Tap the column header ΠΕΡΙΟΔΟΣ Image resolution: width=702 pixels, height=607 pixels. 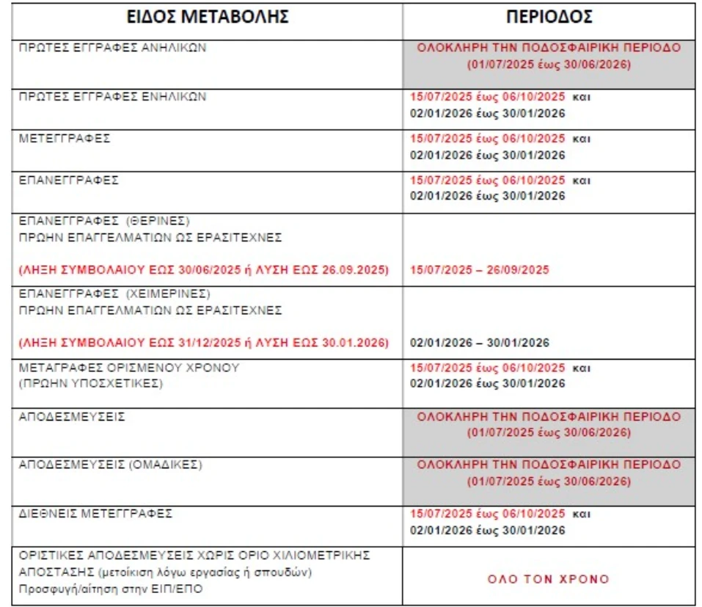(549, 17)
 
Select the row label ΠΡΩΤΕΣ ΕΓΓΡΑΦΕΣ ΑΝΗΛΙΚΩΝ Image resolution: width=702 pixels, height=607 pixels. (114, 48)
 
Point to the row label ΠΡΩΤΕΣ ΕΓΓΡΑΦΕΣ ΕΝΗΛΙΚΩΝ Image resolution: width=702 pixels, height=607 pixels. (113, 97)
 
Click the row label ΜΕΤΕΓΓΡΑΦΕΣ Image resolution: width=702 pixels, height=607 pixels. (65, 139)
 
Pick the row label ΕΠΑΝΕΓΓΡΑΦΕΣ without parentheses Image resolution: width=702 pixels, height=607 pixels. (68, 181)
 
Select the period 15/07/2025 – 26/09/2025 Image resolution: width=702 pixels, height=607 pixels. (479, 270)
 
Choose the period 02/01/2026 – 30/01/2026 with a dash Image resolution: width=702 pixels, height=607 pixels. (479, 343)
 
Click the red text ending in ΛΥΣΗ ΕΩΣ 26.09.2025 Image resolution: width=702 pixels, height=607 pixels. (205, 270)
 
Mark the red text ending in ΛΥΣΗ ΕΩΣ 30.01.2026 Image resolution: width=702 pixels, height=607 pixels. (205, 343)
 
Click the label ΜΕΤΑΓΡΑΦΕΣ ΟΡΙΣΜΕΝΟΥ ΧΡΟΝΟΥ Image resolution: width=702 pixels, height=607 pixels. (129, 367)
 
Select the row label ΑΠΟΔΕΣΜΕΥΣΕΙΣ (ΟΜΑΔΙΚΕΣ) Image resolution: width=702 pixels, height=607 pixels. (110, 465)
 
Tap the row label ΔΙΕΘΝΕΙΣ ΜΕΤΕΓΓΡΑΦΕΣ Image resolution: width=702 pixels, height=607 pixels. (95, 514)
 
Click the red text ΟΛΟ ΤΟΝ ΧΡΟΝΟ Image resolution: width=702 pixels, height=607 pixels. (549, 579)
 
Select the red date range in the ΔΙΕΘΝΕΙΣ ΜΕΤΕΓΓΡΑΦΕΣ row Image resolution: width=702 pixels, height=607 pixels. (487, 514)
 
